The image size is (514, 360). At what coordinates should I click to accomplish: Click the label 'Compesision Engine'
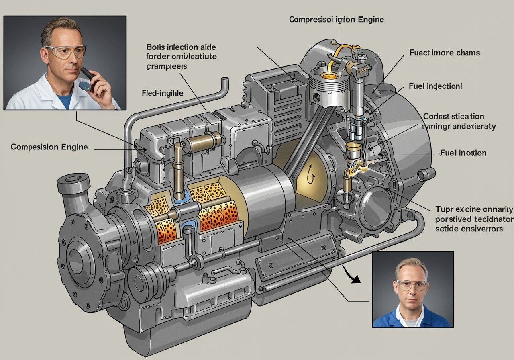49,147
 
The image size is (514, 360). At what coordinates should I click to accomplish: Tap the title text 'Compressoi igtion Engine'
336,19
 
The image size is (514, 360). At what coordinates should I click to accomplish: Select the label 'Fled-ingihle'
162,93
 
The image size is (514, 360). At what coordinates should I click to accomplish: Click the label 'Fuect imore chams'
445,53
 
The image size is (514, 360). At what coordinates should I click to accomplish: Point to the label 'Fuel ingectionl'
435,86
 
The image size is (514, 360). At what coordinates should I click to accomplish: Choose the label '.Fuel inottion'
463,153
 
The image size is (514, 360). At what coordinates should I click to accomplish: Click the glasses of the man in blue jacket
411,285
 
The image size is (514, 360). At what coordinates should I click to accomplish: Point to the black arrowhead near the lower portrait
354,280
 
